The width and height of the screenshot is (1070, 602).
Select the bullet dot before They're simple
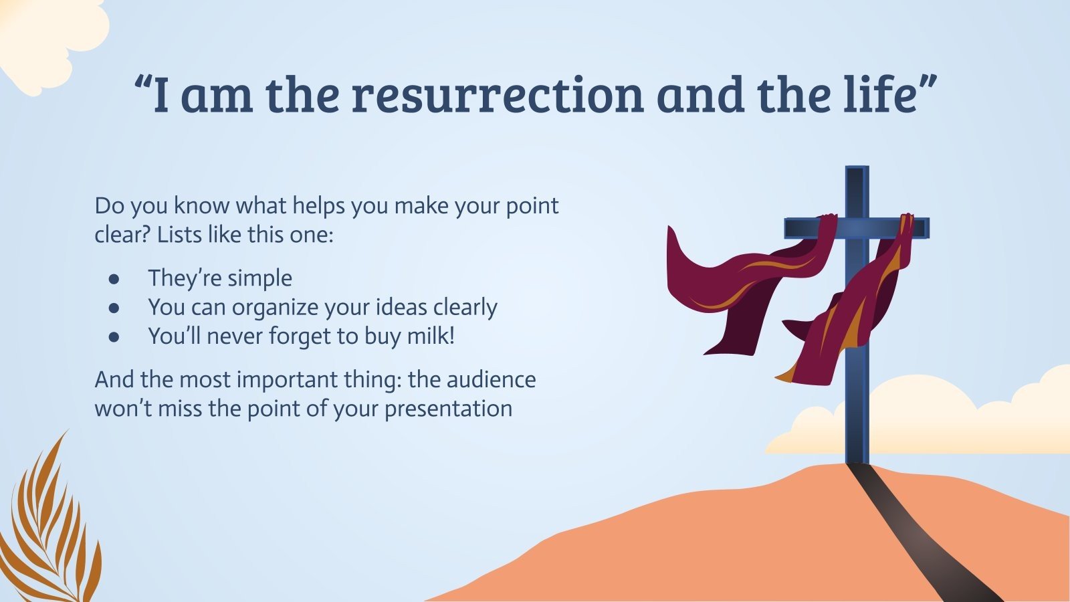click(114, 278)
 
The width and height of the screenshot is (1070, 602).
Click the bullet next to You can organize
click(114, 308)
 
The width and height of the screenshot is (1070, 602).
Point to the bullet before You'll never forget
click(114, 336)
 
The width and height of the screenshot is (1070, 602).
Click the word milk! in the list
click(431, 336)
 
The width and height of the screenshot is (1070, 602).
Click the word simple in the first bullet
click(260, 278)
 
